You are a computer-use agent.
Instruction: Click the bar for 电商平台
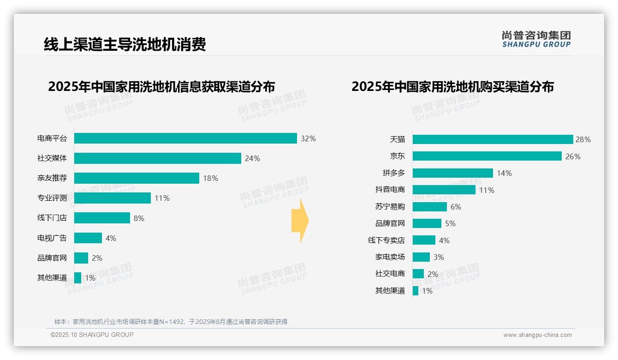(185, 138)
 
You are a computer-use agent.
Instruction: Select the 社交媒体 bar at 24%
(157, 158)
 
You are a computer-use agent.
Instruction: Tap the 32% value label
(308, 138)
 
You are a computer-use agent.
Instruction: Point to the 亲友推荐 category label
(52, 178)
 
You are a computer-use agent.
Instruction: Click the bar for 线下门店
(102, 218)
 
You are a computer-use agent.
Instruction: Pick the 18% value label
(210, 178)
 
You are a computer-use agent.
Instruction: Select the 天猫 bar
(493, 139)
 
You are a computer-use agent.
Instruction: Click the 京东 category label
(397, 156)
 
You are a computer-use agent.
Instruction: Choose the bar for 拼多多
(452, 173)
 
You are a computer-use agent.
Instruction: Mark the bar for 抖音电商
(444, 190)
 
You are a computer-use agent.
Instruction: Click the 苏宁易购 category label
(390, 207)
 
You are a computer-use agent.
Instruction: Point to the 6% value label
(456, 207)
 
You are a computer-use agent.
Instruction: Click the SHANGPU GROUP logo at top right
(536, 39)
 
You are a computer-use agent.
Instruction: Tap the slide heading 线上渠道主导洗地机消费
(125, 44)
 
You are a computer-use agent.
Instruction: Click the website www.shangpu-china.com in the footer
(537, 335)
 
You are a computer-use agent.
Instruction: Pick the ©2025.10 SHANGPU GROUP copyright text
(92, 335)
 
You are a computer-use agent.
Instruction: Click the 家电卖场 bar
(421, 257)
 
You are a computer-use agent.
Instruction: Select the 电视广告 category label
(52, 238)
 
